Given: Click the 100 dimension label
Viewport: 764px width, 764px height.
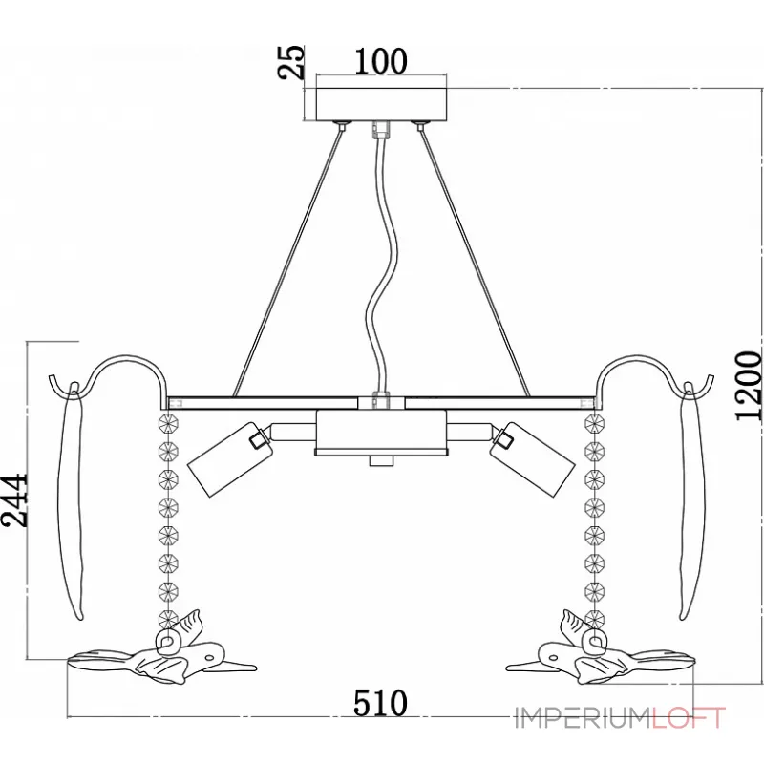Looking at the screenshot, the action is pos(380,61).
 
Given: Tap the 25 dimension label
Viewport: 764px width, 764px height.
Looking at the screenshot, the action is pos(291,62).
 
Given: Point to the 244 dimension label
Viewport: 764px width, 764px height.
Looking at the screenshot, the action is pos(14,499).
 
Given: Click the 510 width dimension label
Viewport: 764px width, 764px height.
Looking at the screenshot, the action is pos(380,703).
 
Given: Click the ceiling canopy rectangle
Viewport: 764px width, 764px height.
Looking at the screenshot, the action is pos(381,104).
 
